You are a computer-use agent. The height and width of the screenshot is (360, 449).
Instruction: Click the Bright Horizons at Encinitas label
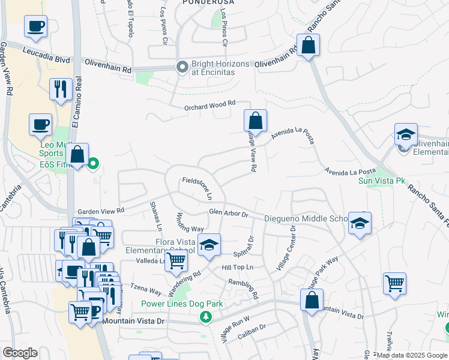click(213, 67)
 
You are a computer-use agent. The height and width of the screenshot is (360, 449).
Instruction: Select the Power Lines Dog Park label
click(182, 304)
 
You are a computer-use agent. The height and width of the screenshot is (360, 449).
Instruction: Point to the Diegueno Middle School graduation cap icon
click(360, 223)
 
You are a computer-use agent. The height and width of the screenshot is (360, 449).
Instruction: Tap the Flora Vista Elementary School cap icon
click(209, 245)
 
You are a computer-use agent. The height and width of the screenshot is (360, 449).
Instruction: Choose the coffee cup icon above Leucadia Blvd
click(35, 26)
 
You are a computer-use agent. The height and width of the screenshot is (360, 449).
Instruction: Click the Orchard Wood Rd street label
click(209, 106)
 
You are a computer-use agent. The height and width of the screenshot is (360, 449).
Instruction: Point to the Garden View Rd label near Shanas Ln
click(101, 211)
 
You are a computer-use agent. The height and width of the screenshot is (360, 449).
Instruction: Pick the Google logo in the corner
click(20, 353)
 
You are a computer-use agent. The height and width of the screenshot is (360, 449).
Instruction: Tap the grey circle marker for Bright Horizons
click(182, 67)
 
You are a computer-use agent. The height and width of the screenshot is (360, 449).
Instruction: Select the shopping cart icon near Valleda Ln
click(175, 260)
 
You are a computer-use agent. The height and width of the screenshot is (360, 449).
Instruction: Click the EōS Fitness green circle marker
click(93, 163)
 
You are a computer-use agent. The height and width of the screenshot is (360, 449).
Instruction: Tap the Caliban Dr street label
click(251, 329)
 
